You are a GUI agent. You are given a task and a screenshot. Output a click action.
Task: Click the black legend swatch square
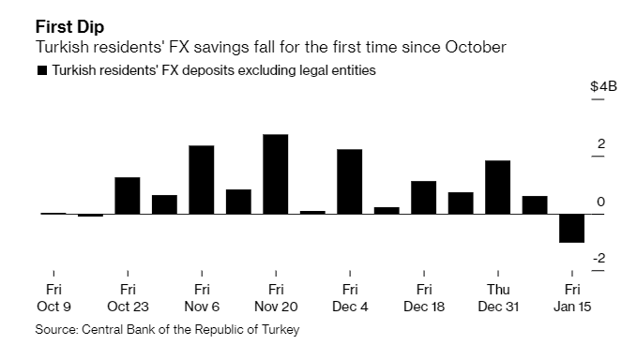click(x=41, y=70)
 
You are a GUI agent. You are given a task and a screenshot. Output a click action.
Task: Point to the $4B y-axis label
click(x=603, y=86)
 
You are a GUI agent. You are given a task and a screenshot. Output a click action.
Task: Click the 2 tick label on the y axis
click(x=600, y=143)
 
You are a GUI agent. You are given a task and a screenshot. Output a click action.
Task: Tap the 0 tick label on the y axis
click(x=600, y=202)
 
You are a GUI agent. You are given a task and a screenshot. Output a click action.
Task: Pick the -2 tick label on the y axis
click(x=598, y=259)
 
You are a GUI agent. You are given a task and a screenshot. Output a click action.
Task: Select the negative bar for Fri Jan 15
click(x=571, y=228)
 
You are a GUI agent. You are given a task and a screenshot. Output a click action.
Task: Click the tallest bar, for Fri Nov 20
click(x=275, y=174)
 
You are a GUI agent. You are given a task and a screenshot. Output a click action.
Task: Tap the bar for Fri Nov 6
click(x=202, y=180)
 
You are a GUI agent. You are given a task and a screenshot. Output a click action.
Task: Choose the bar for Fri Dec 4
click(x=349, y=182)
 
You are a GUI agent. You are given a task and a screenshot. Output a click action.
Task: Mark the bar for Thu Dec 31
click(x=497, y=187)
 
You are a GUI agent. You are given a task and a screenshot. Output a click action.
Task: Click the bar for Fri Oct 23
click(x=127, y=195)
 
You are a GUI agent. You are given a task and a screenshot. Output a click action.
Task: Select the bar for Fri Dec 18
click(x=423, y=198)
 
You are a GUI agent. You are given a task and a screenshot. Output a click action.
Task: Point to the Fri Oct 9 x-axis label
click(x=53, y=298)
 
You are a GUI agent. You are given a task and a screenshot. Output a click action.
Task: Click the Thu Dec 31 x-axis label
click(x=497, y=298)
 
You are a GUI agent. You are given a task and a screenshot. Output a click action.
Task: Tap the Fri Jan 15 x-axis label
click(x=571, y=298)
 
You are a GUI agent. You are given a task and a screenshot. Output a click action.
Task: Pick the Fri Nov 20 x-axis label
click(x=275, y=298)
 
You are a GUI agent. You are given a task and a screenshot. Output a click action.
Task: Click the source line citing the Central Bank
click(x=169, y=330)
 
